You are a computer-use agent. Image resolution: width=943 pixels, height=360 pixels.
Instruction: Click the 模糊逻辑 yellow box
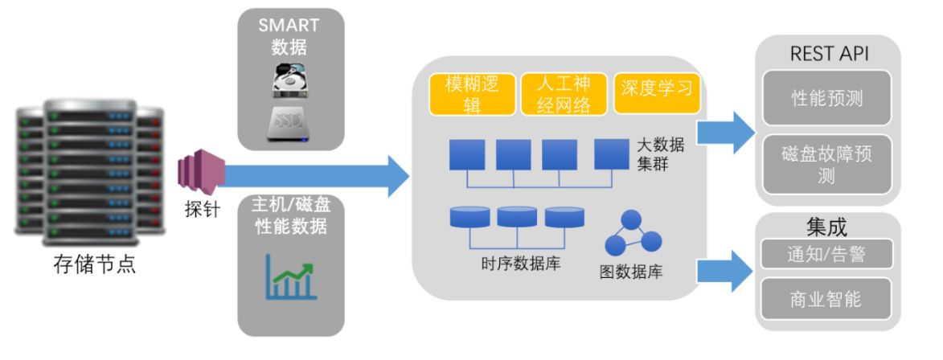[471, 94]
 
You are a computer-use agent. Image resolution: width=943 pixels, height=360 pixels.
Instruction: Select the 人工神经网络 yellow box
[562, 94]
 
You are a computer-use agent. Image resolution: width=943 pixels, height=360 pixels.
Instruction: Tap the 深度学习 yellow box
[656, 88]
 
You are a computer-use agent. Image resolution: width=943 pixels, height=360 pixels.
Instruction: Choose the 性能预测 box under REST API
[826, 98]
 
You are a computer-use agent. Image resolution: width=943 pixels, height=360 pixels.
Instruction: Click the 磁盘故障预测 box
[826, 165]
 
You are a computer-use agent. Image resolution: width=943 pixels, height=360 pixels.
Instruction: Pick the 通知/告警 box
[826, 254]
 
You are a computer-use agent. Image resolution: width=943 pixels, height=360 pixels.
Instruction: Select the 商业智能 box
[826, 299]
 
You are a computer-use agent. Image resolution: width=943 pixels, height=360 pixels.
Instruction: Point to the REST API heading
[830, 54]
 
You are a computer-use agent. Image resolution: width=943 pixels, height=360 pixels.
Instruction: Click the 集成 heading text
[826, 227]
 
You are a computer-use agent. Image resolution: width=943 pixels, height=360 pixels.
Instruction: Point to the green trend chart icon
[290, 278]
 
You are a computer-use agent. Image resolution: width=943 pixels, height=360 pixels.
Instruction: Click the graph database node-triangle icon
[632, 234]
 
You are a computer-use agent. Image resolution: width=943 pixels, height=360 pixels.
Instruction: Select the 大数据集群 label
[660, 154]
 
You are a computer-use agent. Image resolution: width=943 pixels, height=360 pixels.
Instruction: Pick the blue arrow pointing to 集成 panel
[725, 270]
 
